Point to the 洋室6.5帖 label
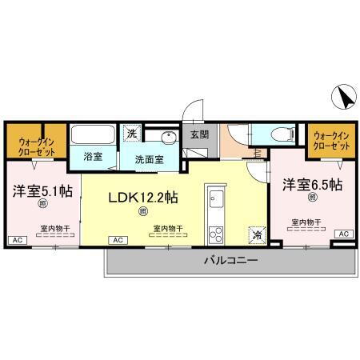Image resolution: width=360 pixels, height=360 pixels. tap(311, 185)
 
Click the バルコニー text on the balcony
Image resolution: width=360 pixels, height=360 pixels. tap(230, 261)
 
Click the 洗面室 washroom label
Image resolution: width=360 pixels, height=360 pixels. tap(149, 158)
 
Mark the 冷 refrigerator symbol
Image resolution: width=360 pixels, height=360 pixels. tap(256, 234)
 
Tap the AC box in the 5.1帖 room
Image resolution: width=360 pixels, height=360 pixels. tap(15, 240)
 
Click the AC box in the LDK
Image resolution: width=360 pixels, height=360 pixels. tap(117, 240)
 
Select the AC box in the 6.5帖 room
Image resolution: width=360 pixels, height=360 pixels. tap(344, 234)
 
